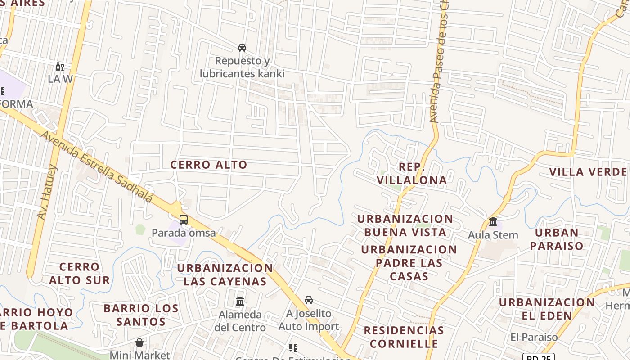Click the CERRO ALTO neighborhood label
(x=209, y=165)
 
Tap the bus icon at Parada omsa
(x=184, y=220)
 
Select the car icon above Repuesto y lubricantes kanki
(x=242, y=47)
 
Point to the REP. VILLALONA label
(x=412, y=174)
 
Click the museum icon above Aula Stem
(x=493, y=222)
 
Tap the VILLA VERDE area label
(x=588, y=172)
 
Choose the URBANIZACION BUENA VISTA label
(x=405, y=225)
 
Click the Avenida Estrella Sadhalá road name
(x=97, y=167)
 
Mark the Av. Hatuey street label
(x=48, y=193)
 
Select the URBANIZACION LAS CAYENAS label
(x=225, y=274)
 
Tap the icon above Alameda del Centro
(x=240, y=301)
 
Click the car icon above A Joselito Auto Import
(x=309, y=300)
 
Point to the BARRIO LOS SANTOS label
(x=141, y=315)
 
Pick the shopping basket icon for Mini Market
(x=139, y=342)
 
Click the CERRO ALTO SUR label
(x=79, y=274)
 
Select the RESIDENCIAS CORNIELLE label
(x=404, y=337)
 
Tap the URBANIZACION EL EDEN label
(x=547, y=309)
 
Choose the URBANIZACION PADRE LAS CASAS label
(x=409, y=263)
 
